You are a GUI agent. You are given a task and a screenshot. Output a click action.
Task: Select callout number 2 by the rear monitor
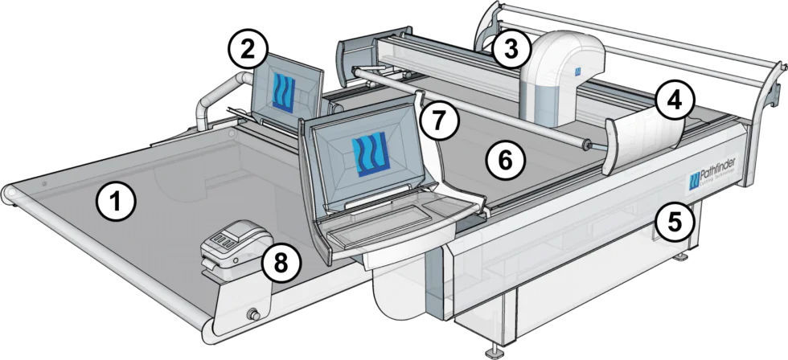pos(248,49)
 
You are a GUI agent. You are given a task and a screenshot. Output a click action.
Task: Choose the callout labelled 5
pos(671,218)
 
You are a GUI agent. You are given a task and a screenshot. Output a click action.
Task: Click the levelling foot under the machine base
pos(491,351)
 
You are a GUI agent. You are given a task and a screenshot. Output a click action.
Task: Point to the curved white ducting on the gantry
pos(563,64)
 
